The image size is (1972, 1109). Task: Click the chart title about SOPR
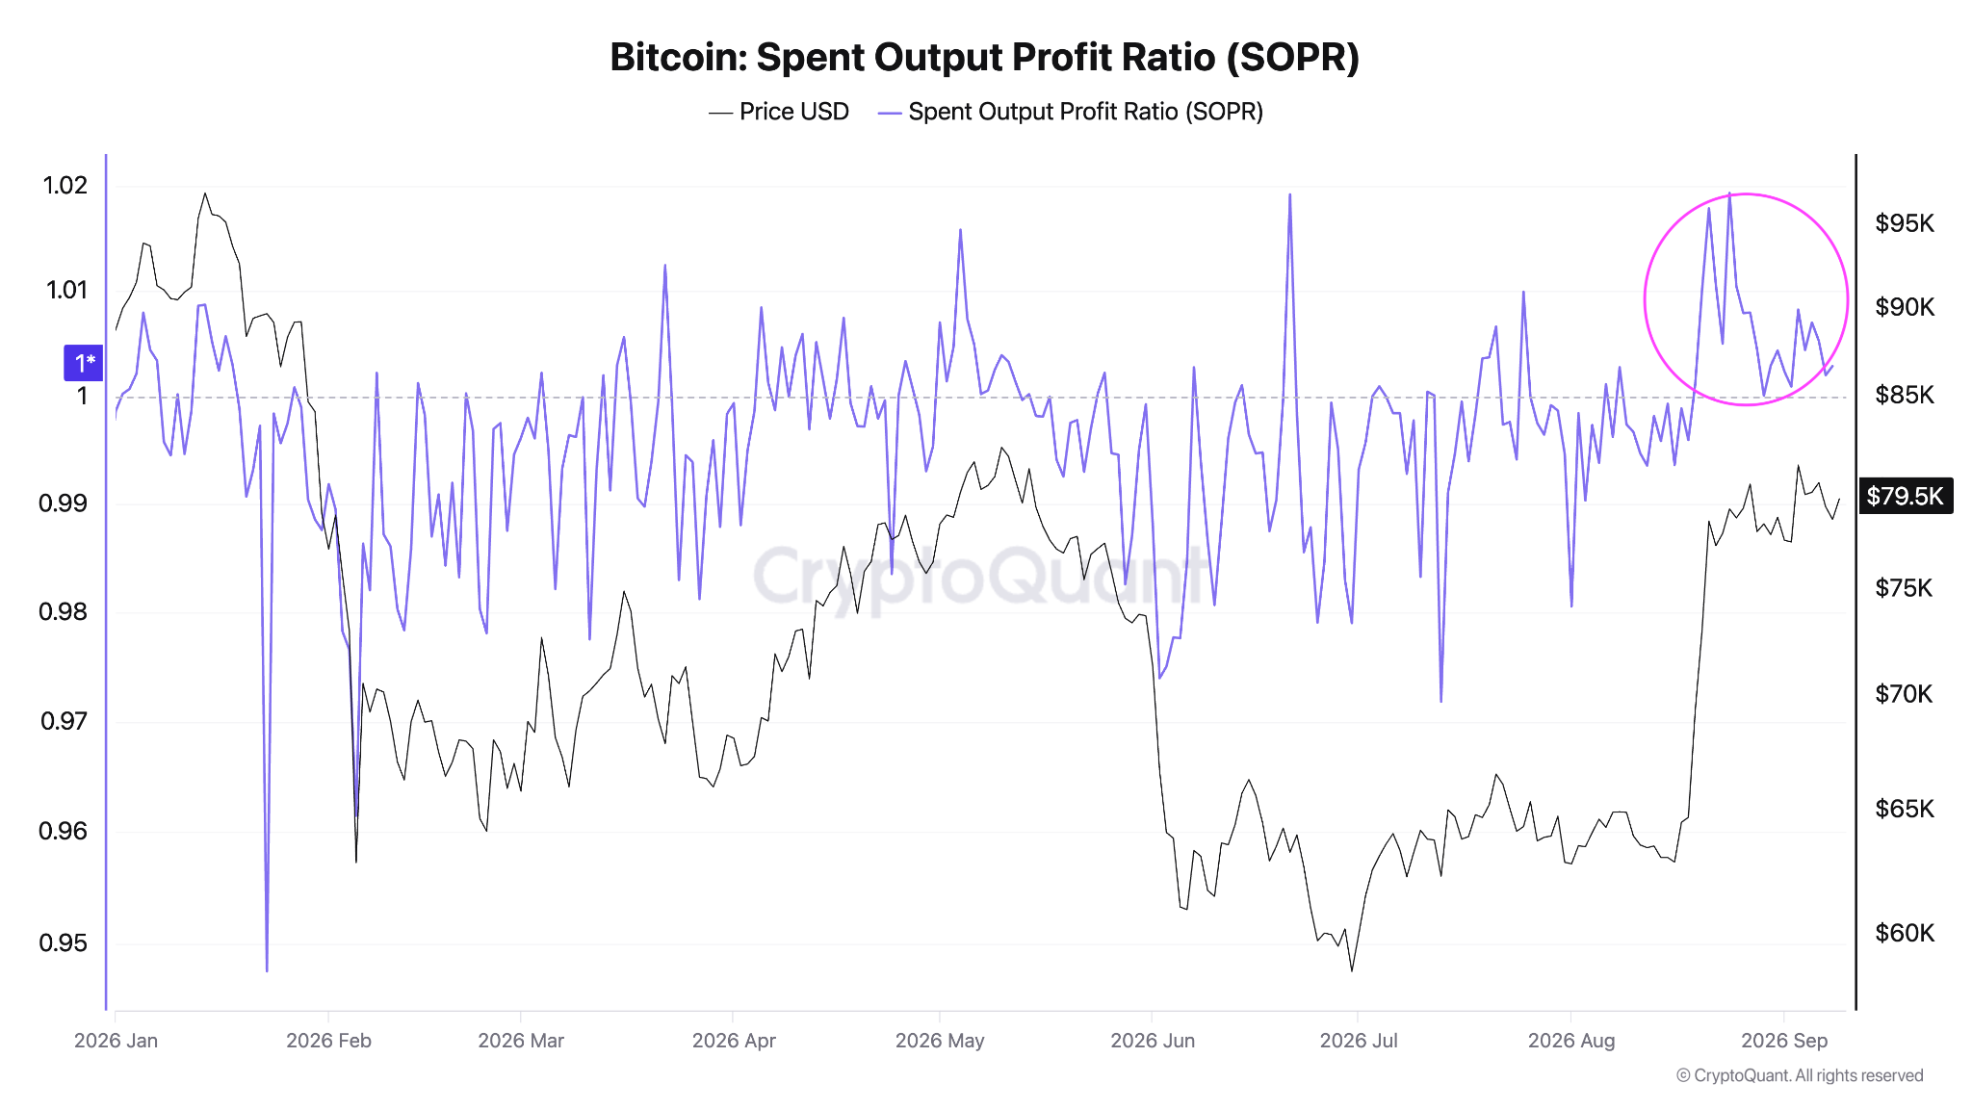coord(984,58)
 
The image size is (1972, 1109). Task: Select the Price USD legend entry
coord(779,112)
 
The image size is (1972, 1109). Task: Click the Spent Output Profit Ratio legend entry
coord(1071,112)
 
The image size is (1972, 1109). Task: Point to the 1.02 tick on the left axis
coord(65,185)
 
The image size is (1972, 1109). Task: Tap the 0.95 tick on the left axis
coord(64,942)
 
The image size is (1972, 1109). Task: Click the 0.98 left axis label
coord(64,611)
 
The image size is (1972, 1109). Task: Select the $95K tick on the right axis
coord(1905,223)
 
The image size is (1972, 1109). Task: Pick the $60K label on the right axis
coord(1905,933)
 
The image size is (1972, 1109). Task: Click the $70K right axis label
coord(1904,693)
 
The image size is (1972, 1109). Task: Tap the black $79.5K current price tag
coord(1906,496)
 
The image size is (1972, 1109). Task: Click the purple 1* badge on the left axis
coord(85,363)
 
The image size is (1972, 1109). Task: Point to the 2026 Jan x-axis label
coord(116,1041)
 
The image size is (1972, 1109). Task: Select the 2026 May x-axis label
coord(940,1041)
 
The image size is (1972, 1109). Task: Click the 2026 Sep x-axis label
coord(1784,1041)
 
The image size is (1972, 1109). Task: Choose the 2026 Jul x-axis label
coord(1359,1041)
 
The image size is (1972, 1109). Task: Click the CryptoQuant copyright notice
coord(1800,1075)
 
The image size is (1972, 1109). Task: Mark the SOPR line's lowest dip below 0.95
coord(267,970)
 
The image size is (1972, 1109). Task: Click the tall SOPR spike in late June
coord(1289,195)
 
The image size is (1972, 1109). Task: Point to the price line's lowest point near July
coord(1352,969)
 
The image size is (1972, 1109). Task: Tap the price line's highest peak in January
coord(204,193)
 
